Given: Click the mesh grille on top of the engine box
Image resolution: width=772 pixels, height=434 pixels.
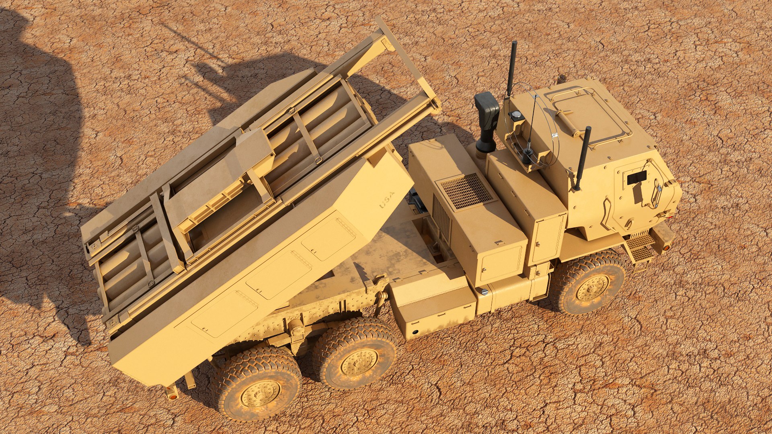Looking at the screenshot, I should [x=467, y=191].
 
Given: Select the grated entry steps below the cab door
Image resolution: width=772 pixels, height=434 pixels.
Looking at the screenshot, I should [x=641, y=248].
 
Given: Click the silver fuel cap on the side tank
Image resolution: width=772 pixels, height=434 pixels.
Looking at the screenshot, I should [x=485, y=292].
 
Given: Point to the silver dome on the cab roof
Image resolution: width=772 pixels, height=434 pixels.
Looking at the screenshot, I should [x=515, y=115].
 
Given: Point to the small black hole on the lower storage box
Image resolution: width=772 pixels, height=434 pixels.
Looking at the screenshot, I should [x=415, y=332].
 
